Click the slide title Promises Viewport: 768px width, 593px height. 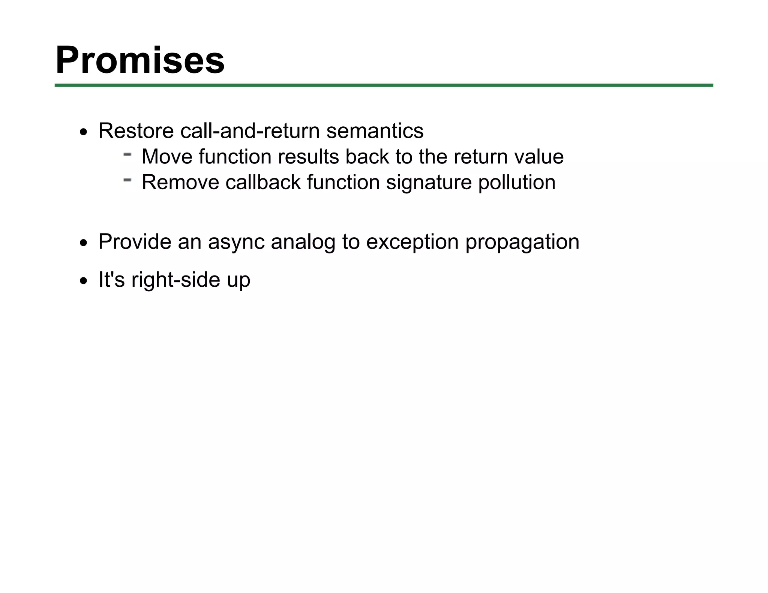[x=140, y=60]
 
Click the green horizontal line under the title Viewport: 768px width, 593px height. [x=384, y=85]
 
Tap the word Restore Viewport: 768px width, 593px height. [x=136, y=131]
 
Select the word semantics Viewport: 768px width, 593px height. [x=375, y=131]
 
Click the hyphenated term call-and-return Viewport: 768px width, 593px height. [x=250, y=131]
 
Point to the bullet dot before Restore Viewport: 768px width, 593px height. [x=84, y=133]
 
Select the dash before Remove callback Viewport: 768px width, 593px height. [x=127, y=180]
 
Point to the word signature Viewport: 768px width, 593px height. [x=429, y=183]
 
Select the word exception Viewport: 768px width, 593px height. [x=412, y=242]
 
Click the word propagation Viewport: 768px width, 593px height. [x=522, y=242]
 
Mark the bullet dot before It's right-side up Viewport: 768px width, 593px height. [x=84, y=282]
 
